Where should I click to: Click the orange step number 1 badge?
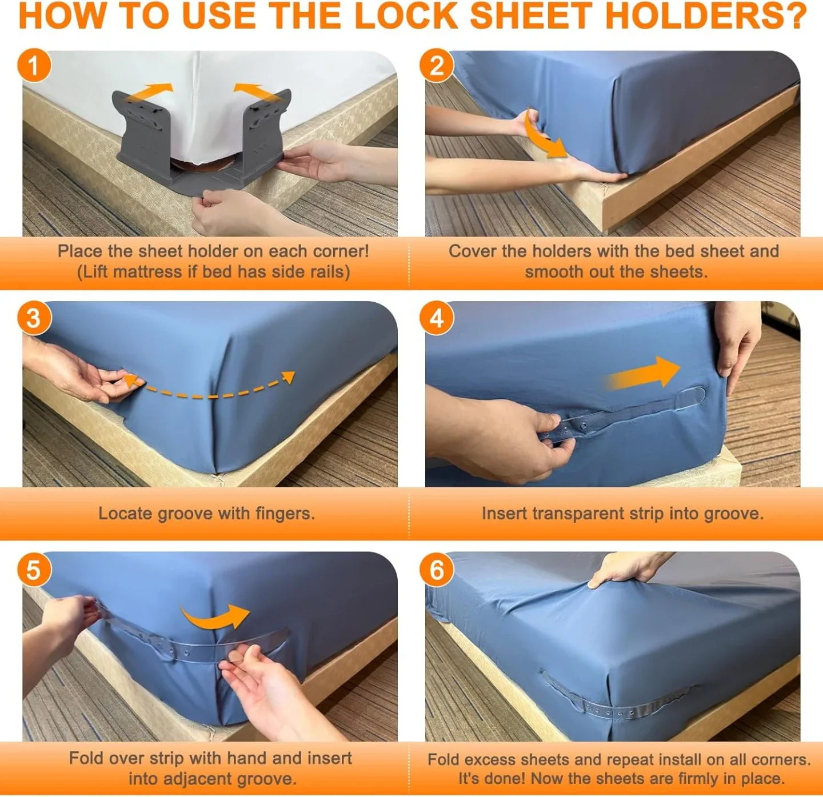click(x=34, y=66)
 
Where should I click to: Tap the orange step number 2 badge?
click(x=437, y=66)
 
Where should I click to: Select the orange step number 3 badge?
click(x=34, y=318)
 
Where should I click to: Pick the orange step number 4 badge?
click(x=437, y=318)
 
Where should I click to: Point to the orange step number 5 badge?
click(x=34, y=570)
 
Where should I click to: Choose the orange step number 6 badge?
click(x=437, y=570)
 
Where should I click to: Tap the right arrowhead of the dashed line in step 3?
click(x=289, y=377)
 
